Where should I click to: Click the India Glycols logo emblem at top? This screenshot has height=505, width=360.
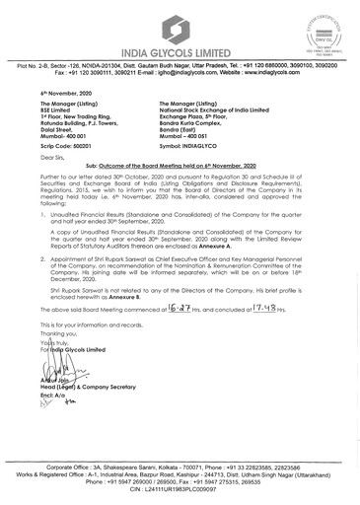179,23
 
